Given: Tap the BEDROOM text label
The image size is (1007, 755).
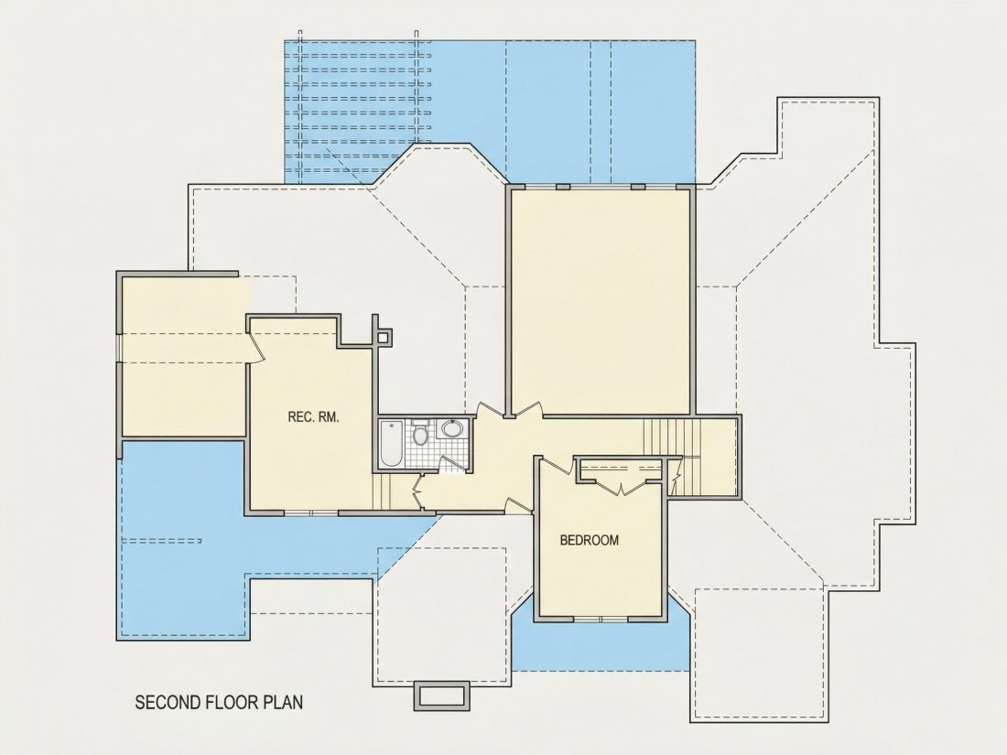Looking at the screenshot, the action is (x=590, y=541).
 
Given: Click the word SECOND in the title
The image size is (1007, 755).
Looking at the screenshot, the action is (x=169, y=702).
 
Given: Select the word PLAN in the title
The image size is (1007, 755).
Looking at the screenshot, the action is (x=283, y=702).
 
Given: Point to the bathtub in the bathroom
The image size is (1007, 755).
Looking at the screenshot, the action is (x=391, y=444).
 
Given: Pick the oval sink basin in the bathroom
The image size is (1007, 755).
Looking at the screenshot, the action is (x=454, y=428).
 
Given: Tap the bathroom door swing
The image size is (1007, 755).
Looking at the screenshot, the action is (x=453, y=465).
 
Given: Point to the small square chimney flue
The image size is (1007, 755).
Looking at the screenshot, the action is (x=384, y=337).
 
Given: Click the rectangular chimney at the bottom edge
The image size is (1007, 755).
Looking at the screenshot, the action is (x=441, y=696).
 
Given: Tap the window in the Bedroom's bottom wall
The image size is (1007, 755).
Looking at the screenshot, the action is (x=601, y=619).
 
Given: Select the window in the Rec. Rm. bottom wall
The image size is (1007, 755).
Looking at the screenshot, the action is (x=311, y=513).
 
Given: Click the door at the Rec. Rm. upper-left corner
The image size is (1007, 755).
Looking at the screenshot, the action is (x=255, y=348).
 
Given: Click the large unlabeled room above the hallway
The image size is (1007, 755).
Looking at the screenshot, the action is (x=600, y=302).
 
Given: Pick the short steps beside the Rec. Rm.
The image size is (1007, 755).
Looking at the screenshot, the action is (x=382, y=492).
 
